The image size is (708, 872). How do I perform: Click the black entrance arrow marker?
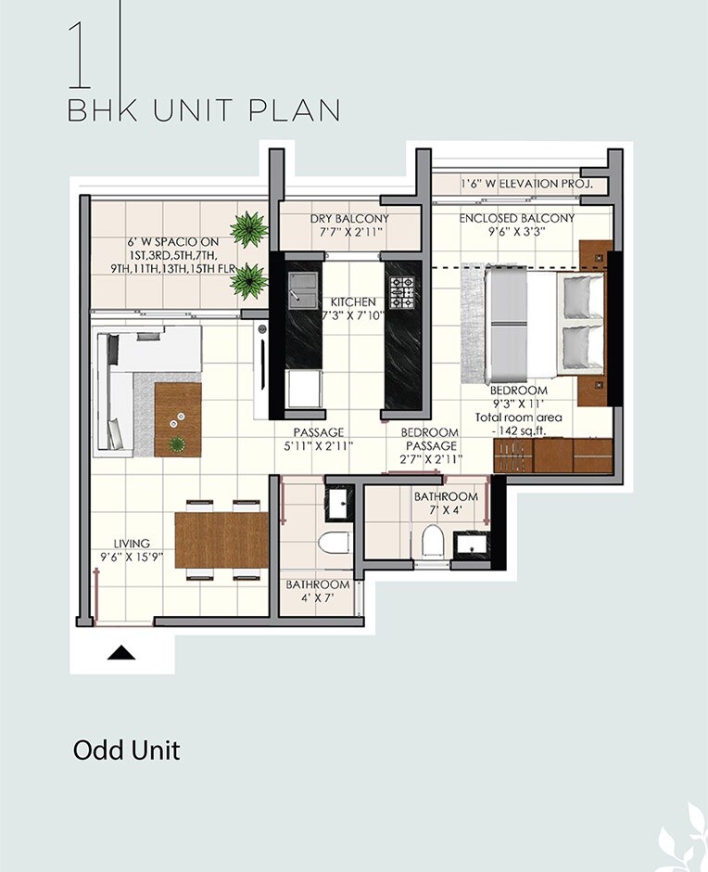pyautogui.click(x=121, y=653)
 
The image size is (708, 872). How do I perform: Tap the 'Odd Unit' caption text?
pyautogui.click(x=126, y=750)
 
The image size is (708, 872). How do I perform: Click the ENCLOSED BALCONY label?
pyautogui.click(x=517, y=219)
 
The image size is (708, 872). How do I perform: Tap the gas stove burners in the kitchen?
pyautogui.click(x=403, y=291)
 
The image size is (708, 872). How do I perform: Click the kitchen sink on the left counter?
pyautogui.click(x=300, y=289)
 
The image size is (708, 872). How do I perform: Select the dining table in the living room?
pyautogui.click(x=221, y=540)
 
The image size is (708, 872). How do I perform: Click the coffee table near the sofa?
pyautogui.click(x=178, y=419)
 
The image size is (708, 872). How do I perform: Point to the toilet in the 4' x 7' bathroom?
pyautogui.click(x=331, y=543)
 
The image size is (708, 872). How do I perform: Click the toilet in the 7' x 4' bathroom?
pyautogui.click(x=433, y=541)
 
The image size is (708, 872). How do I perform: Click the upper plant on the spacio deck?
pyautogui.click(x=247, y=229)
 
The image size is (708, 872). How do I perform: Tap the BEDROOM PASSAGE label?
pyautogui.click(x=429, y=439)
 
